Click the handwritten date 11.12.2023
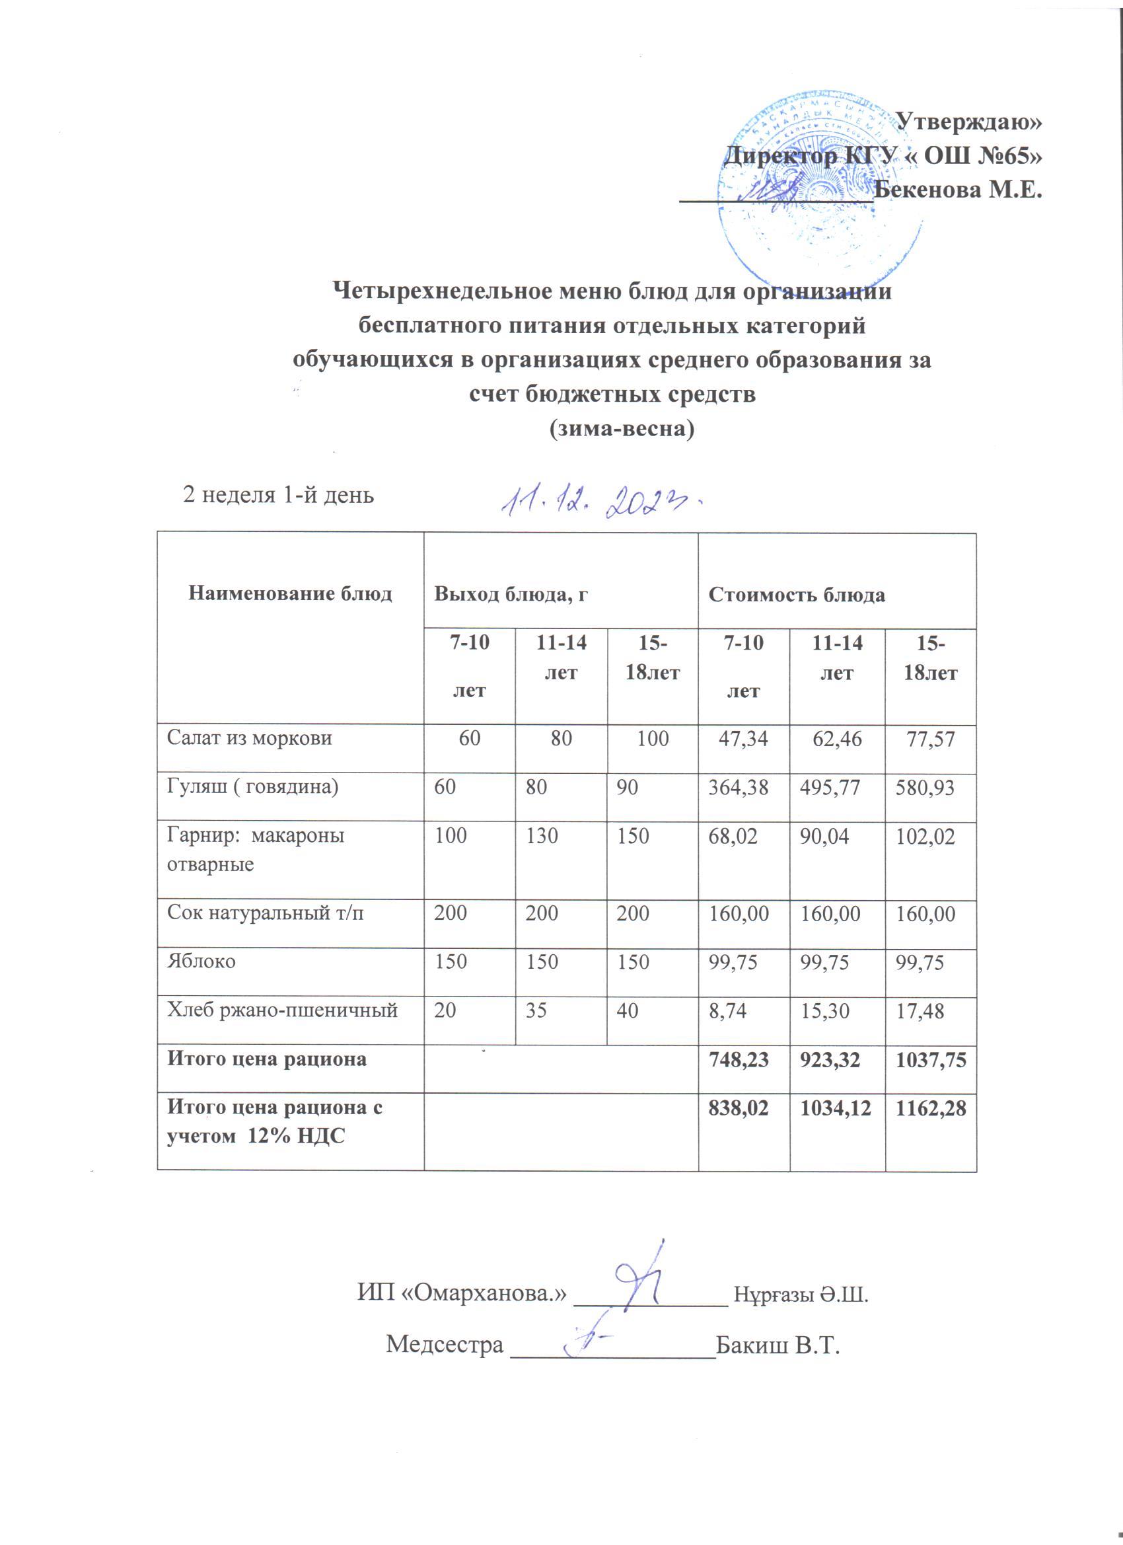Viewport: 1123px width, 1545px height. click(602, 502)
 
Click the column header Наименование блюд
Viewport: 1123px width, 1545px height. click(290, 594)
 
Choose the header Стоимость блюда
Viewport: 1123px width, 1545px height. click(797, 595)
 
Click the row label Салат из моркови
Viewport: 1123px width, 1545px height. click(250, 737)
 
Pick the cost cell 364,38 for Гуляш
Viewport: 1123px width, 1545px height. click(739, 788)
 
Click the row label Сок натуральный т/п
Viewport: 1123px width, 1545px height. click(266, 912)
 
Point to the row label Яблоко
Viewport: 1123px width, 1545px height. click(201, 961)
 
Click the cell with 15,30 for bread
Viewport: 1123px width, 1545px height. click(825, 1010)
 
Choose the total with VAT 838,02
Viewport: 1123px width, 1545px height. click(739, 1108)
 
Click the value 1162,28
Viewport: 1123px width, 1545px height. click(931, 1108)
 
